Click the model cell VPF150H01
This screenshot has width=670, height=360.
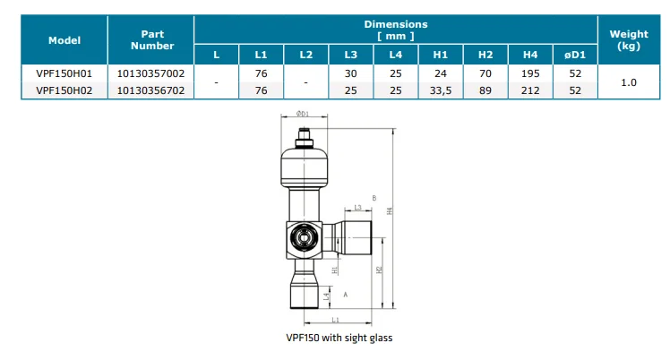coord(64,73)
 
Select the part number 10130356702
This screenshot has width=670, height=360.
coord(151,90)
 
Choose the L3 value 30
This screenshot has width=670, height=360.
coord(350,73)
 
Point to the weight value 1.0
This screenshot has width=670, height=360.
coord(629,81)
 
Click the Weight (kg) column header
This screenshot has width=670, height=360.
coord(629,39)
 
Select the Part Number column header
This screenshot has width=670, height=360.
coord(151,39)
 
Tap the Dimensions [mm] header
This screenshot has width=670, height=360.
coord(395,30)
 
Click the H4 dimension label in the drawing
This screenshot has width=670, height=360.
coord(390,210)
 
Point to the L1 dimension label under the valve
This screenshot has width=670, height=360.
coord(334,319)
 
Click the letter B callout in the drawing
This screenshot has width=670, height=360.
coord(374,197)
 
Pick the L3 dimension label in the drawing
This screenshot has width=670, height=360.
coord(357,207)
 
